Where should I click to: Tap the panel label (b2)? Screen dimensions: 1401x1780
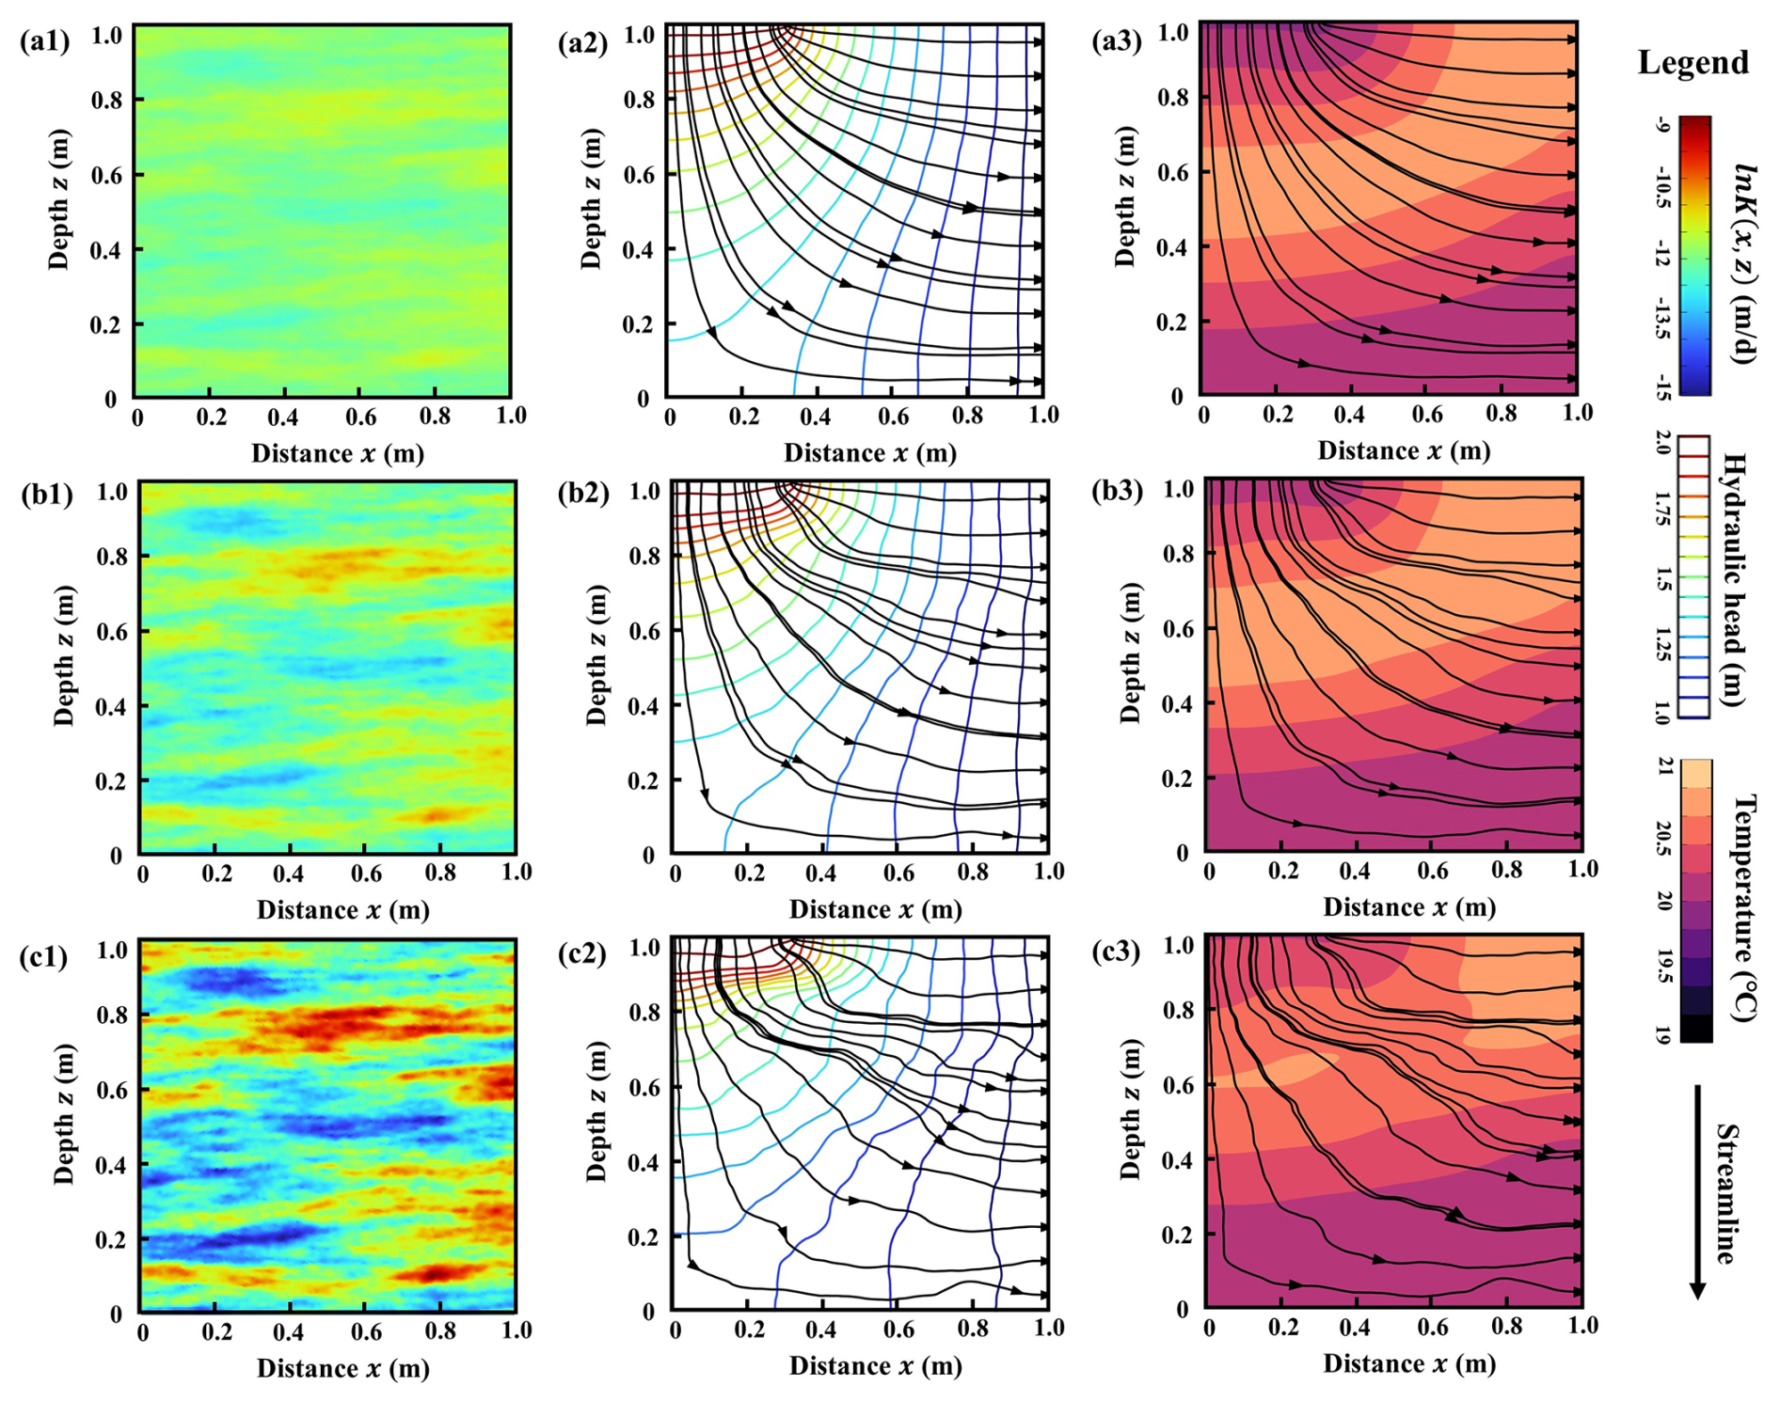(x=583, y=492)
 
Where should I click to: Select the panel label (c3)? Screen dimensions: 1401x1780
(x=1117, y=952)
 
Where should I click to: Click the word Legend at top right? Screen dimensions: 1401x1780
(x=1693, y=63)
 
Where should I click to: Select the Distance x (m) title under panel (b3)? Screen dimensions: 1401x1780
(x=1408, y=907)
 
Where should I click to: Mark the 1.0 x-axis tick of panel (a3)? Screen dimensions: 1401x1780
(x=1577, y=413)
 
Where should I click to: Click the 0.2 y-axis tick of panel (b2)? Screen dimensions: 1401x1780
(x=644, y=781)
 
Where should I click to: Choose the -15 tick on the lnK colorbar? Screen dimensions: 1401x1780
(x=1661, y=386)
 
